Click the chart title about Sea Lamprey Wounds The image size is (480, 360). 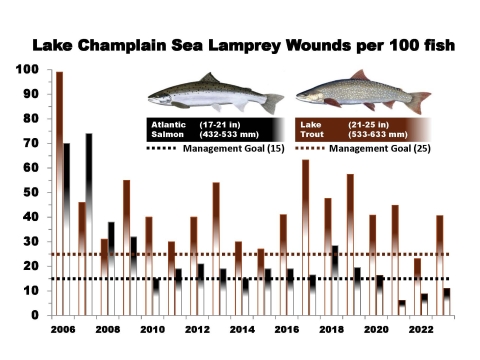[x=240, y=46]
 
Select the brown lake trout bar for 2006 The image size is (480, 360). [x=59, y=190]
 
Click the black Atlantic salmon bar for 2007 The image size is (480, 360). [x=89, y=220]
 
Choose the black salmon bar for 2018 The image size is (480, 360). [x=335, y=280]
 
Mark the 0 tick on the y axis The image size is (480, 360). [x=31, y=315]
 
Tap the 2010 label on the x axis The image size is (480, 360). [x=153, y=329]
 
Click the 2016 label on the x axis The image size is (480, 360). [x=286, y=329]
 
